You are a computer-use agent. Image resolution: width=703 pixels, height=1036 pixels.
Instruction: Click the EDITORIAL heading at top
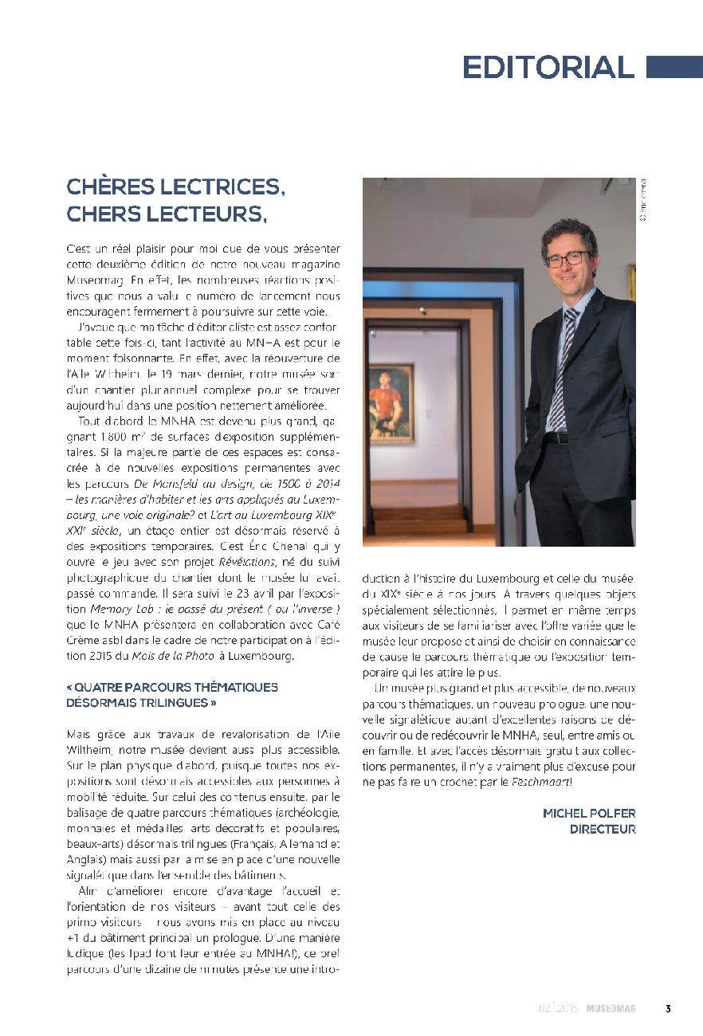click(x=548, y=67)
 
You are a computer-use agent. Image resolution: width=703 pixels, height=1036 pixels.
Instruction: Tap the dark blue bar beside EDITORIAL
click(x=674, y=67)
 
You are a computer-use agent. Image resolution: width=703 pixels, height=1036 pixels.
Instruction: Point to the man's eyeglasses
click(x=568, y=259)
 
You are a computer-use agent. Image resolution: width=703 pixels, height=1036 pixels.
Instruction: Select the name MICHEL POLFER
click(x=589, y=813)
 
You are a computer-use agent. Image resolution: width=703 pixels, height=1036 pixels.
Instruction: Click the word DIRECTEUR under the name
click(x=603, y=829)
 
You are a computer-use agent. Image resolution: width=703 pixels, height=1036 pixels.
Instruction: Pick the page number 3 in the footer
click(x=668, y=1008)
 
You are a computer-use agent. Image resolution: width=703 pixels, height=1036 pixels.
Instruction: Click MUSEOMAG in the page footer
click(x=611, y=1008)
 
